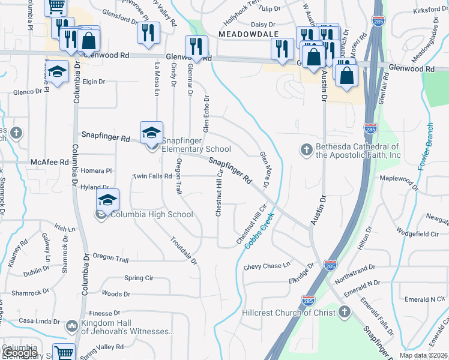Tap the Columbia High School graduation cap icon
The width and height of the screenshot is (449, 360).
tap(108, 200)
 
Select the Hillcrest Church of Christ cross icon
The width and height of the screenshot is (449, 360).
tap(345, 312)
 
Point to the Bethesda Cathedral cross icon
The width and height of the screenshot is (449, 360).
tap(306, 149)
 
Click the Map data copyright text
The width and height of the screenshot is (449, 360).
tap(423, 355)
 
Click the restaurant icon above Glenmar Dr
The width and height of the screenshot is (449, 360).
tap(196, 47)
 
